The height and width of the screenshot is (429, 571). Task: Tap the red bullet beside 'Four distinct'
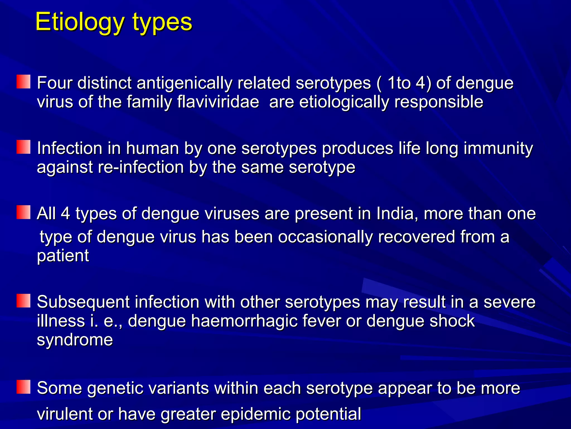[23, 82]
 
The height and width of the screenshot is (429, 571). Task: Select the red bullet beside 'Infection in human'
[23, 147]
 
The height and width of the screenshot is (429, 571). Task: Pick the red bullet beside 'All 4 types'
[23, 212]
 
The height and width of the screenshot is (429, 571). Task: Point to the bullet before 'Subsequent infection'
[23, 301]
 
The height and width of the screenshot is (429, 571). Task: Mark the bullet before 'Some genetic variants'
[23, 387]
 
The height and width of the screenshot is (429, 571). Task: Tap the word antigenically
[184, 83]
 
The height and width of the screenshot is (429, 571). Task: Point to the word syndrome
[75, 340]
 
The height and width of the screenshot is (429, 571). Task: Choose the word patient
[63, 256]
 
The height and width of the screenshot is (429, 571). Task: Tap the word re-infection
[141, 167]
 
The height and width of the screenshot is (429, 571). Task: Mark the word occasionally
[325, 237]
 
